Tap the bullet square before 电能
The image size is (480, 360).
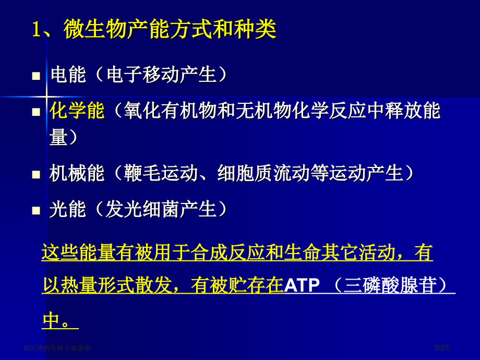point(36,76)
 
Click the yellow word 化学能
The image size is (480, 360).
point(77,111)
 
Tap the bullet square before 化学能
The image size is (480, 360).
point(36,112)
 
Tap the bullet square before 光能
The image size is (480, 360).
point(36,211)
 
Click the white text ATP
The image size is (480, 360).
point(302,285)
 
